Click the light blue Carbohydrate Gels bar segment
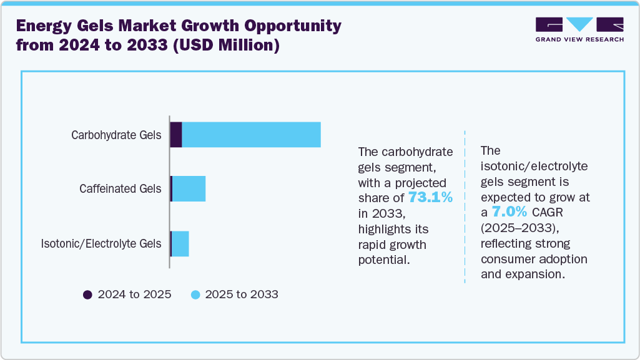[x=251, y=135]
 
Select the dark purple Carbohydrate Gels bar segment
[x=176, y=135]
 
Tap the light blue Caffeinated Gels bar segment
[x=189, y=188]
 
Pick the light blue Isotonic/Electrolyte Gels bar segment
[x=180, y=243]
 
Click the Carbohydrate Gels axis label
[x=116, y=135]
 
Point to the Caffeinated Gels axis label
[x=120, y=188]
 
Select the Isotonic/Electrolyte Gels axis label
[x=101, y=243]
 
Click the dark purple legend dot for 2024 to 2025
[x=88, y=294]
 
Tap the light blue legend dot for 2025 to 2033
[x=195, y=294]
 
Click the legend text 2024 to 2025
[x=134, y=294]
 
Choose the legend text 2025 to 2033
[x=242, y=294]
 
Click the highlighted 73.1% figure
[x=430, y=198]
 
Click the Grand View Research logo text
[x=579, y=39]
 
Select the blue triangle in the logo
[x=580, y=24]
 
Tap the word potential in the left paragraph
[x=383, y=259]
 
